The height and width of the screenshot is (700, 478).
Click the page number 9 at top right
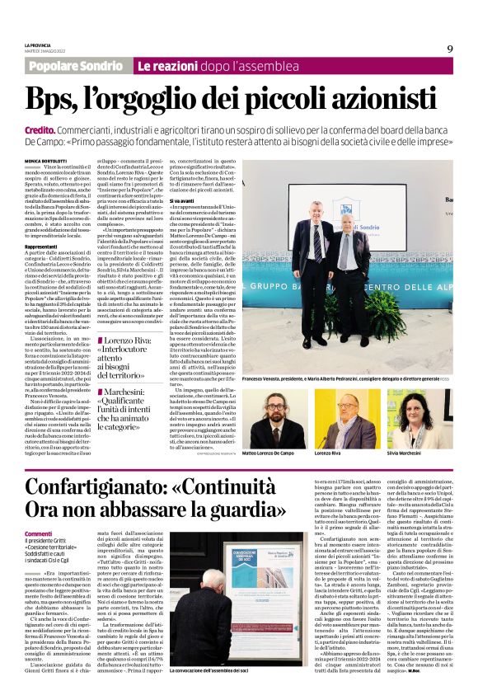coord(450,49)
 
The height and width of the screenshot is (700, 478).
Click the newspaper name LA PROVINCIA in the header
coord(39,45)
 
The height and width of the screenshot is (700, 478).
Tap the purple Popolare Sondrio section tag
coord(76,65)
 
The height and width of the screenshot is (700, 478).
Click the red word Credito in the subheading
coord(40,130)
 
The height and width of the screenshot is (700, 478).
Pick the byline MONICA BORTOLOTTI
coord(48,161)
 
